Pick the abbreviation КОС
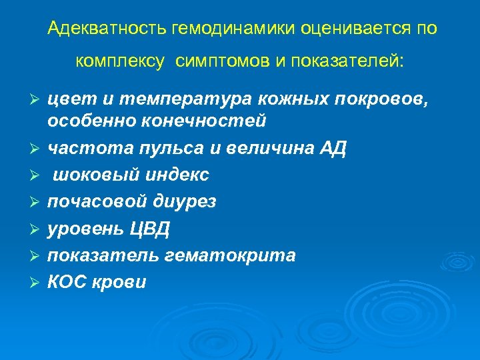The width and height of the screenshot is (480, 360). click(67, 282)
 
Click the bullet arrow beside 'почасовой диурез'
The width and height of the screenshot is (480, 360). click(37, 202)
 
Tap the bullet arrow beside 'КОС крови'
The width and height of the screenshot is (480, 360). click(37, 283)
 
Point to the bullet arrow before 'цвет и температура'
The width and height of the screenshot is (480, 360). click(37, 101)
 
